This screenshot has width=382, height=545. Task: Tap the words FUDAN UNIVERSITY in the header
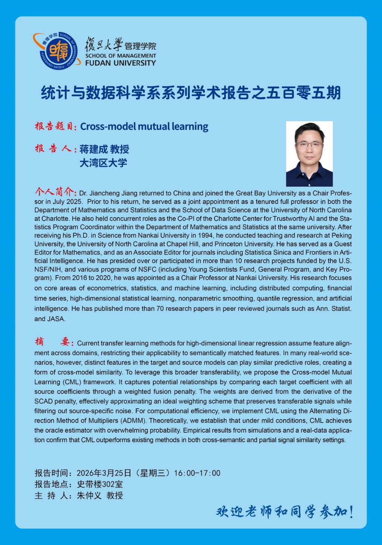coord(120,63)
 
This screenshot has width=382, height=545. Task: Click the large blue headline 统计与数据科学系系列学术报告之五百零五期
coord(191,93)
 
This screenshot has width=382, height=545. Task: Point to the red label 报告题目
coord(54,127)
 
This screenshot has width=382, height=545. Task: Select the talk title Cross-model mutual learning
coord(144,127)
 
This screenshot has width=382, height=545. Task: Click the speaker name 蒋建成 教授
coord(104,149)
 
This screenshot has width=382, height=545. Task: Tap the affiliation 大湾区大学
coord(103,163)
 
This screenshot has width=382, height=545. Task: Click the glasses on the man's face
coord(309,144)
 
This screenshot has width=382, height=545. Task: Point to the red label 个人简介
coord(55,192)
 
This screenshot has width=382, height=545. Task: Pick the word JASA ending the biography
coord(56,319)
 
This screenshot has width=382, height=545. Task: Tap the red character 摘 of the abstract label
coord(39,342)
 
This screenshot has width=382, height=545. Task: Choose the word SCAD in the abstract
coord(43,401)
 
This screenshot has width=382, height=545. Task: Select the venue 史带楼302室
coord(100,484)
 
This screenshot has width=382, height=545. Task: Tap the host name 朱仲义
coord(89,495)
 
